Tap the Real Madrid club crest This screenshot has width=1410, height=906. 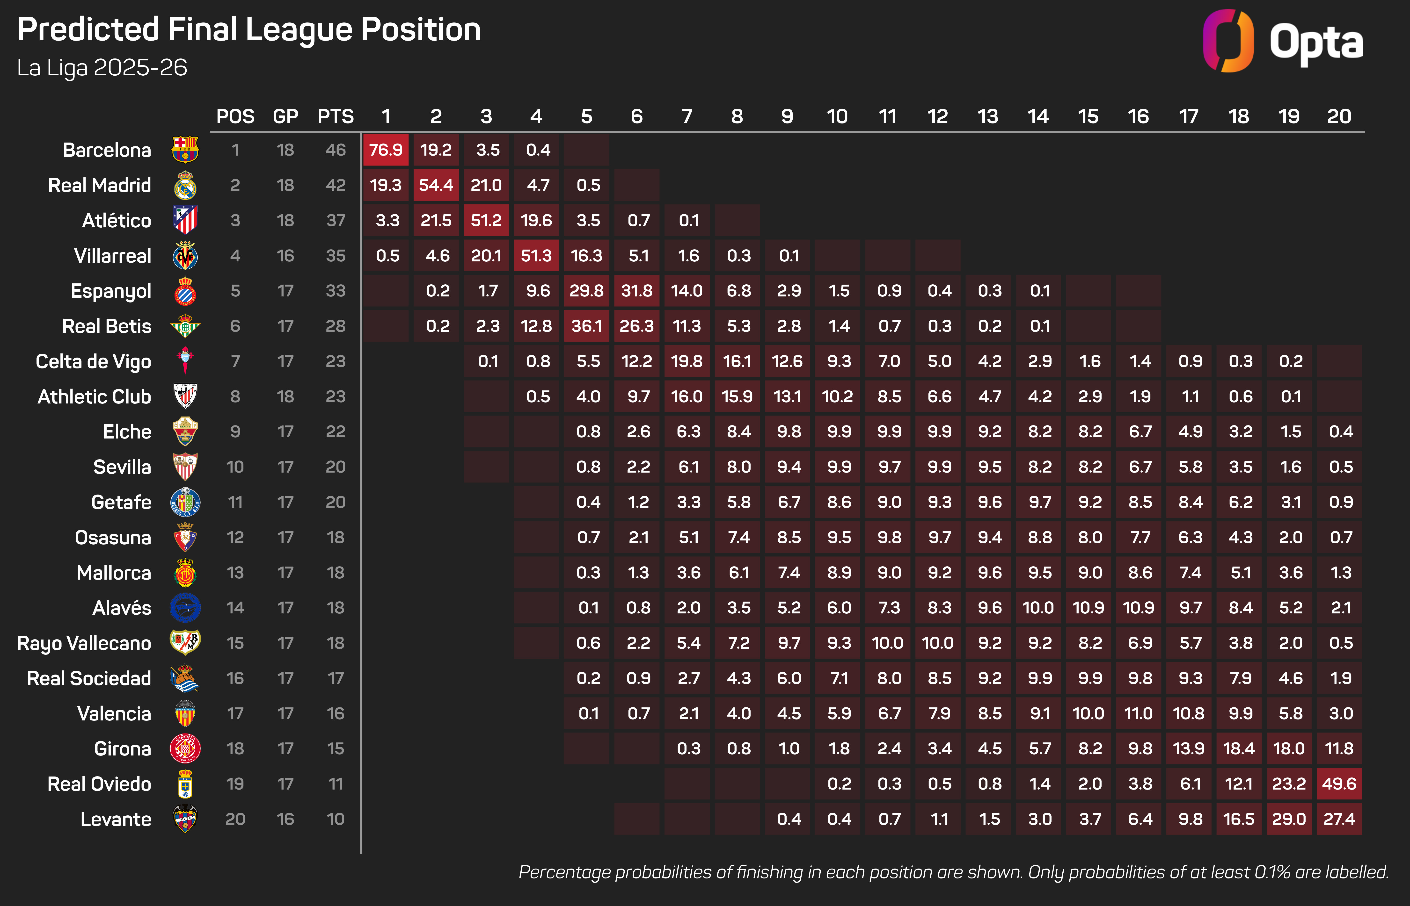[185, 185]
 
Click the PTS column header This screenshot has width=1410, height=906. [336, 116]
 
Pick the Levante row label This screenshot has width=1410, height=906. [116, 819]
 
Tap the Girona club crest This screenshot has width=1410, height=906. [185, 748]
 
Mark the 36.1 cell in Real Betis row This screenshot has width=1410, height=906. [587, 326]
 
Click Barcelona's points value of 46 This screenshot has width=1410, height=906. [336, 150]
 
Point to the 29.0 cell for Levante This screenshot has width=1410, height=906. [1289, 819]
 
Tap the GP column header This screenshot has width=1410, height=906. [285, 116]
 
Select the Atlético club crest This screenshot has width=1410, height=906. [185, 220]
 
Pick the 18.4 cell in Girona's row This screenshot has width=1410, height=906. [1239, 748]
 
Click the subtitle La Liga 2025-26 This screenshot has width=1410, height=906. [102, 68]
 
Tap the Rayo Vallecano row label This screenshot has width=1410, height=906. [84, 643]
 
